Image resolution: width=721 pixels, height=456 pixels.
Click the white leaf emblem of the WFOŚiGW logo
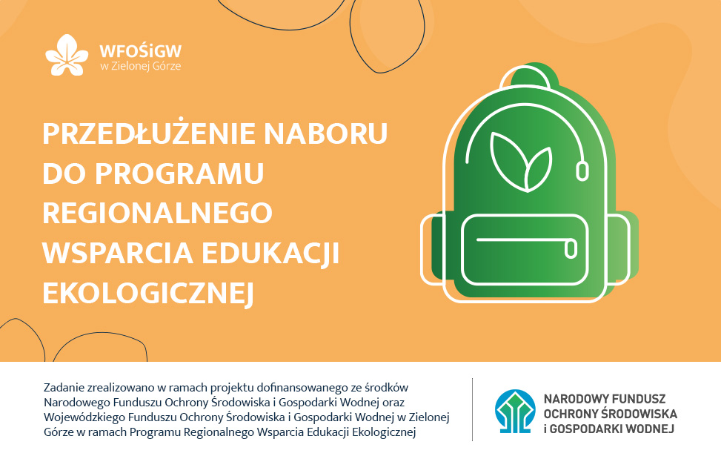pos(67,55)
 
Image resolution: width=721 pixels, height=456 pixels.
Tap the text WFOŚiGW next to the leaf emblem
pos(141,50)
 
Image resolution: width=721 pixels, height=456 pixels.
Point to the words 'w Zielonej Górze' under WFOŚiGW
pos(140,66)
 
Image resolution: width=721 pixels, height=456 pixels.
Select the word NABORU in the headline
pos(326,133)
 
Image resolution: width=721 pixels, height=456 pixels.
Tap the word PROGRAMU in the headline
pos(179,174)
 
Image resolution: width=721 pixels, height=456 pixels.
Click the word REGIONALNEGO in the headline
pos(157,213)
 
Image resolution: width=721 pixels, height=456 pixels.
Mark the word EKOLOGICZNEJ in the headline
pos(148,294)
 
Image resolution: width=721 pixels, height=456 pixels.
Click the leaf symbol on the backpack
pos(520,162)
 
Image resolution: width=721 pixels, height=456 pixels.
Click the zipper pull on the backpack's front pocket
pos(571,248)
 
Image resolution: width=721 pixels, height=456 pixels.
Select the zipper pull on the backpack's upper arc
pos(582,171)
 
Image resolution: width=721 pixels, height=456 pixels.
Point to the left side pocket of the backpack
pos(432,249)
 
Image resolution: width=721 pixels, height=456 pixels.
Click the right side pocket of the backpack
pos(619,249)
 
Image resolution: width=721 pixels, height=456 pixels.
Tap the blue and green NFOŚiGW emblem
pos(515,412)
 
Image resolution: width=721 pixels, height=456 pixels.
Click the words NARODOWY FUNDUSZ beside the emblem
pos(604,398)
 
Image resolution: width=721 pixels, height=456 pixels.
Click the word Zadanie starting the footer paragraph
pos(64,388)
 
